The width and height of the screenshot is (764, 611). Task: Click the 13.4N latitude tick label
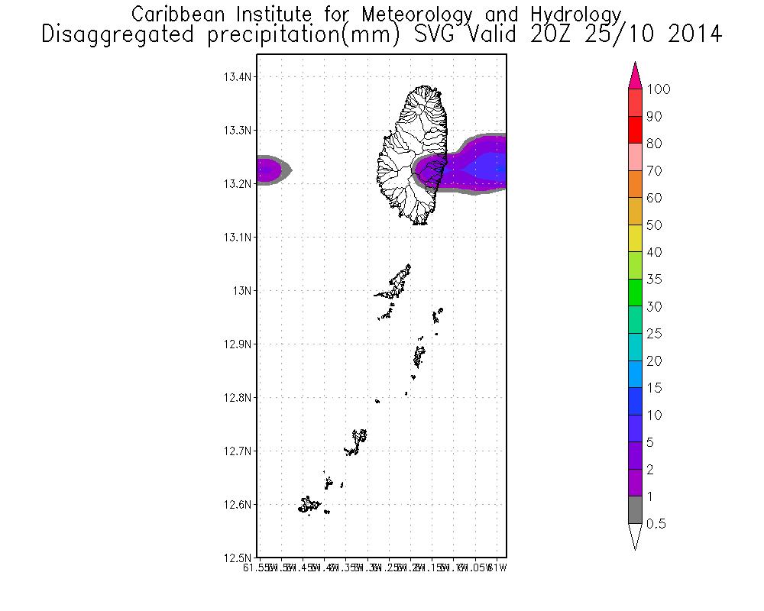coord(238,77)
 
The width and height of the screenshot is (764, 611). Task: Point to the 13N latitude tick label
coord(244,291)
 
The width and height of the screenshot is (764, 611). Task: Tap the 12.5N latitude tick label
coord(238,558)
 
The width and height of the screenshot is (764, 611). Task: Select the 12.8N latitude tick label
coord(238,398)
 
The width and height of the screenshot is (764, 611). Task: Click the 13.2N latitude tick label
coord(238,184)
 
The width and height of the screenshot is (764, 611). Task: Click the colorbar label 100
coord(658,89)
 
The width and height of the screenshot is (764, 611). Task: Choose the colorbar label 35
coord(654,280)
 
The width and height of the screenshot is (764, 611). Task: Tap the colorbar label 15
coord(654,388)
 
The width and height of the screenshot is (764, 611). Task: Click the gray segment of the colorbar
coord(634,510)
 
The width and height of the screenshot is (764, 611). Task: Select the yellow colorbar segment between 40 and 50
coord(634,238)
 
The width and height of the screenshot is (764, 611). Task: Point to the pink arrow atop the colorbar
coord(634,76)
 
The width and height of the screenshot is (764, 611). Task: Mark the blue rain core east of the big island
coord(487,165)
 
